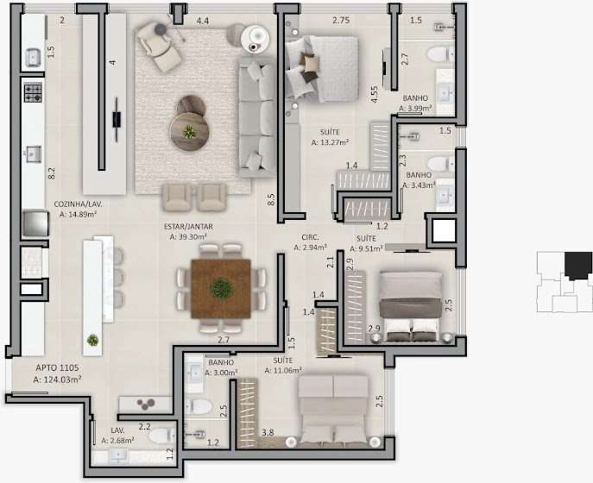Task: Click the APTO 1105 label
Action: (x=58, y=367)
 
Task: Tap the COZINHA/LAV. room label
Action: (x=78, y=204)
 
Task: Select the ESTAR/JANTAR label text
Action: (x=188, y=227)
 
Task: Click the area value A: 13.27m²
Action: (x=330, y=142)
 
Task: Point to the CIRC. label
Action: (x=310, y=238)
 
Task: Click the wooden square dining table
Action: (x=221, y=289)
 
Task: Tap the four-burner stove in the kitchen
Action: (x=33, y=93)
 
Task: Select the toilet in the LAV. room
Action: (x=162, y=436)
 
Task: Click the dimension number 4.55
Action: (x=375, y=95)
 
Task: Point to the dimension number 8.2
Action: (x=52, y=173)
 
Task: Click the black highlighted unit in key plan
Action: (x=577, y=266)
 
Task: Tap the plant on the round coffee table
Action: (x=190, y=132)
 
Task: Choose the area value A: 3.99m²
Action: (x=415, y=109)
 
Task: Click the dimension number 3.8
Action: (x=268, y=433)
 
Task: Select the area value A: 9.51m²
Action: (x=366, y=248)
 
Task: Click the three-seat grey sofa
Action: (x=256, y=117)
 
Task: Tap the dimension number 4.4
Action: (x=203, y=21)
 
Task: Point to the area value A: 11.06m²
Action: (x=283, y=371)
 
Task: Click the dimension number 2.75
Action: (x=341, y=21)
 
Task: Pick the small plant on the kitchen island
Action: (x=92, y=340)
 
